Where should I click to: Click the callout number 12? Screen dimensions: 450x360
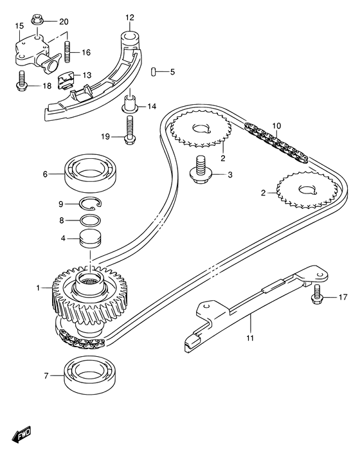tap(130, 17)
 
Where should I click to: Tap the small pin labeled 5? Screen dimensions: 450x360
tap(154, 71)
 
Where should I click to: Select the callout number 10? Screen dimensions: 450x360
tap(276, 125)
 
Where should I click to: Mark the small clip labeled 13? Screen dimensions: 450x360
tap(67, 82)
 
